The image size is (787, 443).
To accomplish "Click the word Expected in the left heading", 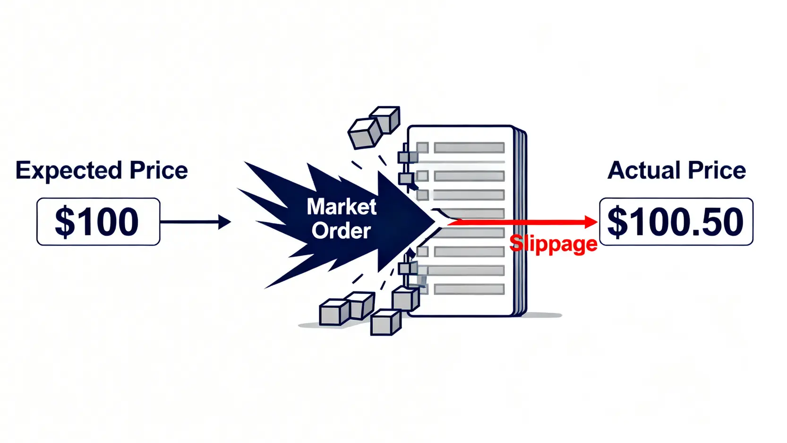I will [68, 171].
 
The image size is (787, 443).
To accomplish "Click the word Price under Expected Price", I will [159, 171].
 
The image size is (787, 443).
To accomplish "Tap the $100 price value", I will [97, 222].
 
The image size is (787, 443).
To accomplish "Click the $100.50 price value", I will [676, 222].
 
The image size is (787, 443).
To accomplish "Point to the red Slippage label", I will [553, 244].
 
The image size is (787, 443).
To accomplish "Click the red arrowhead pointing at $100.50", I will [591, 222].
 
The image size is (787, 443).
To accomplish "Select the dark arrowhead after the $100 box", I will [224, 222].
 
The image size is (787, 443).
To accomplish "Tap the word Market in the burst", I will [342, 207].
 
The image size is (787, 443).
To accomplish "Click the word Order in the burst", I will [342, 231].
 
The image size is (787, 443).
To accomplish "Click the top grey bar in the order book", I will [469, 148].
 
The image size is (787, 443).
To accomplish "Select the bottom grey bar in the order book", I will [469, 289].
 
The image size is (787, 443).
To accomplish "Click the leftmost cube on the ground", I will [334, 313].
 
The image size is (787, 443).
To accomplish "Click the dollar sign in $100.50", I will [617, 222].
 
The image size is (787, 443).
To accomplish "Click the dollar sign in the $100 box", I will [65, 222].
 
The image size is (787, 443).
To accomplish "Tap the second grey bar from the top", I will [469, 176].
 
